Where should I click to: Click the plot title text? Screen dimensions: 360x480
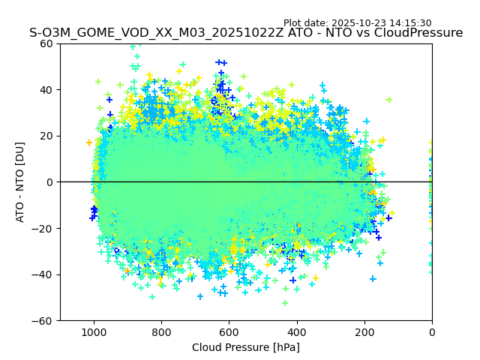click(x=246, y=33)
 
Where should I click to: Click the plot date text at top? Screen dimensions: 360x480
click(x=357, y=23)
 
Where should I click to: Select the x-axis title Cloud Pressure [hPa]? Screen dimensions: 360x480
click(x=246, y=347)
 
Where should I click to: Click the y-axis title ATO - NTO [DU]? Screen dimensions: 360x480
click(x=20, y=182)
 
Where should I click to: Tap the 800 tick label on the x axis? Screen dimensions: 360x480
click(x=161, y=331)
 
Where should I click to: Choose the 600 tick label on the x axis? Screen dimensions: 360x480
click(x=229, y=331)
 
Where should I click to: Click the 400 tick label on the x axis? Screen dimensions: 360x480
click(x=297, y=331)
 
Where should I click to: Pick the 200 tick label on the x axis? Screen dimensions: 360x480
click(x=364, y=331)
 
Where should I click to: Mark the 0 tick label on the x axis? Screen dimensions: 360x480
click(x=432, y=331)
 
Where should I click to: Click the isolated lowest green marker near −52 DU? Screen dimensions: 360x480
click(x=285, y=303)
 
